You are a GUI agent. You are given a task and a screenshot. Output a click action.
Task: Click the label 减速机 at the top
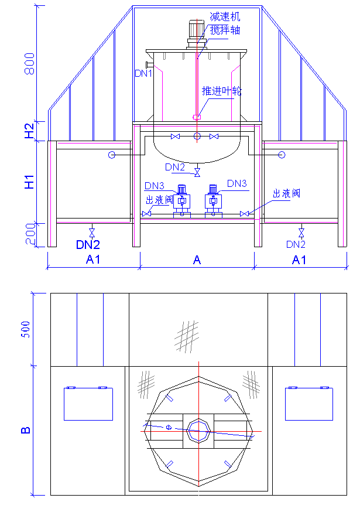click(x=225, y=18)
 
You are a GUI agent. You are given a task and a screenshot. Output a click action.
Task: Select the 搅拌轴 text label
click(x=225, y=30)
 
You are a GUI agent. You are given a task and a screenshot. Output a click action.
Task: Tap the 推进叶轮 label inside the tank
click(x=222, y=91)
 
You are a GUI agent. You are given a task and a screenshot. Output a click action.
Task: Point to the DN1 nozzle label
click(x=143, y=73)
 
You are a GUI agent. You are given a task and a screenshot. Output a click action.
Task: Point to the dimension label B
click(x=26, y=431)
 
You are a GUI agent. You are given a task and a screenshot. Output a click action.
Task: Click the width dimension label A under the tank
click(x=197, y=260)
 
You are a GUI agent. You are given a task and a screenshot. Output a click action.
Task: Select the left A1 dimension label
click(x=93, y=260)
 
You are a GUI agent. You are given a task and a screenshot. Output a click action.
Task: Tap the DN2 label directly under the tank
click(x=175, y=168)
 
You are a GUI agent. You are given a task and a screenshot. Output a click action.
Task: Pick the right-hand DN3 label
click(x=237, y=184)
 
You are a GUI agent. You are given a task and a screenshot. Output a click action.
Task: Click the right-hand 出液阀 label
click(x=286, y=194)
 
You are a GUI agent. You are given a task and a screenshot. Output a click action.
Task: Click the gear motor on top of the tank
click(x=196, y=34)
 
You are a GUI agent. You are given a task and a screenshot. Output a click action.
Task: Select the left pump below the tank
click(x=181, y=201)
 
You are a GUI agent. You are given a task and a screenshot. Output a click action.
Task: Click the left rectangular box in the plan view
click(x=88, y=404)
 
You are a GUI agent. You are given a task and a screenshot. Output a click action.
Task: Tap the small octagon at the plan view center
click(x=198, y=432)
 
